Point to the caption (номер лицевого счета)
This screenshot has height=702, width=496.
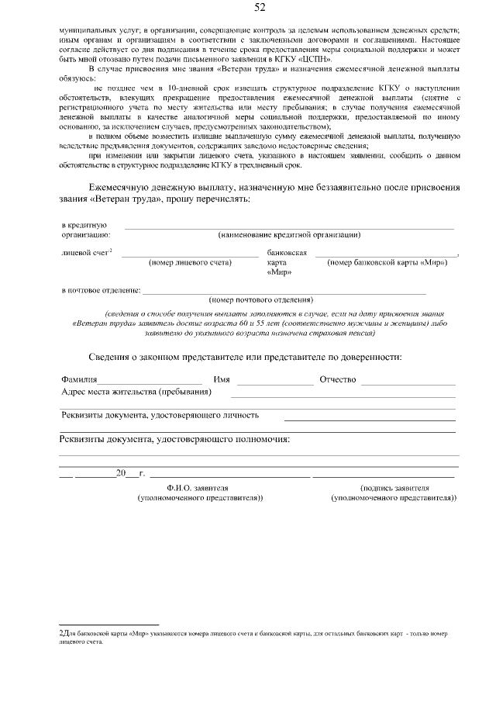(190, 262)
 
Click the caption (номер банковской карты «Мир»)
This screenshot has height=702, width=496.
(387, 262)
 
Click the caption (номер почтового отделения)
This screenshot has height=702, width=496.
(261, 299)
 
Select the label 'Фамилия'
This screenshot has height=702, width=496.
(79, 379)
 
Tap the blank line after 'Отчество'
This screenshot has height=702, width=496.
(408, 383)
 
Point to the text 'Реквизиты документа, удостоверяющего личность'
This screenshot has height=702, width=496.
(160, 415)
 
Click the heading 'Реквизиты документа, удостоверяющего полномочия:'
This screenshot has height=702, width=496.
(174, 439)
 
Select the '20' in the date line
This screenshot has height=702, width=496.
(120, 473)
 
